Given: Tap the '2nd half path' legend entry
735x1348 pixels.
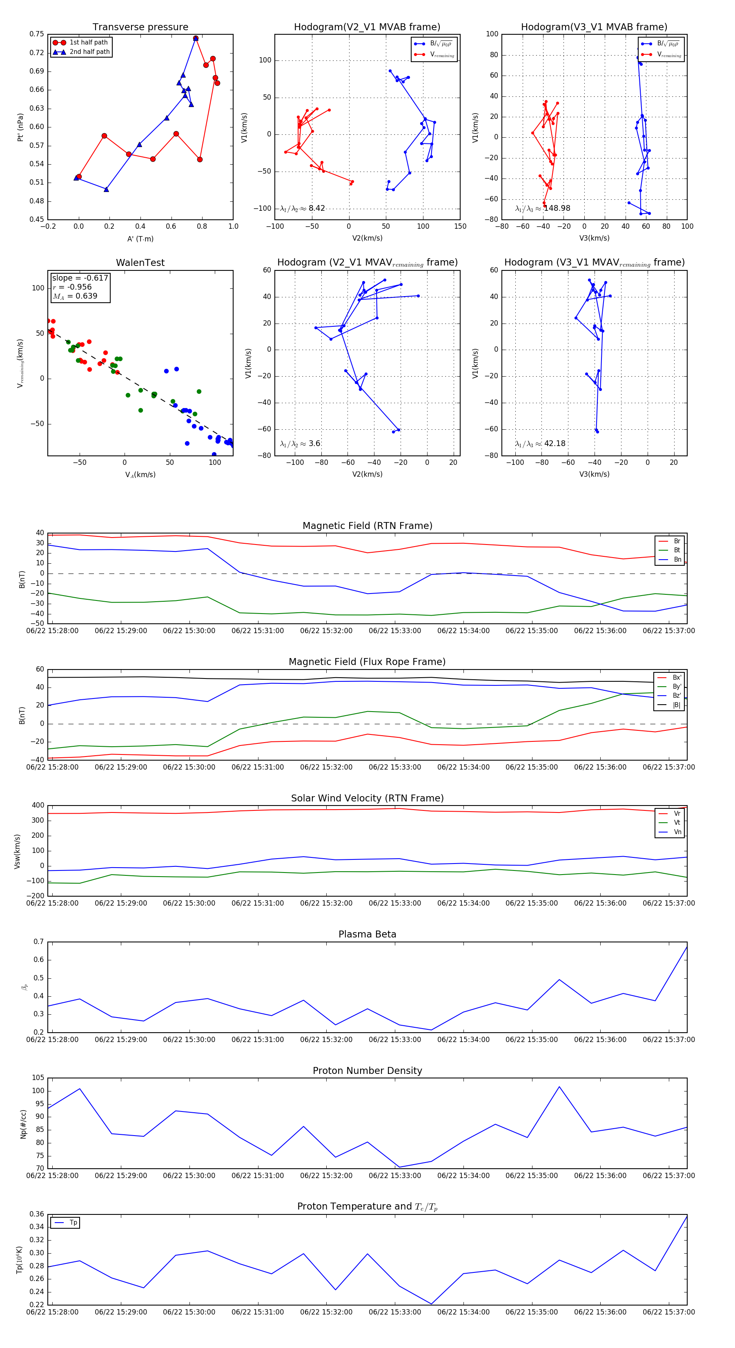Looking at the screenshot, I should coord(89,52).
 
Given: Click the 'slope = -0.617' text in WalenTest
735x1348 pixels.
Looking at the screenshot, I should coord(80,278).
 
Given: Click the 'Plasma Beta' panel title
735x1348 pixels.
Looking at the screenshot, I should coord(367,934).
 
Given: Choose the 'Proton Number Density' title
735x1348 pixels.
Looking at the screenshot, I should coord(367,1070).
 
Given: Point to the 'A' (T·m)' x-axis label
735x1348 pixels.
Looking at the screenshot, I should coord(140,239).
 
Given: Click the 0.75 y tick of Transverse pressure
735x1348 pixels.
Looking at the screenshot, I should coord(37,34).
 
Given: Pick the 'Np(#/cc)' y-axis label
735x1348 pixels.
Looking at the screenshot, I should coord(23,1123).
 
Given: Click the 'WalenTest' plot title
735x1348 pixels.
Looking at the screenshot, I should coord(140,263).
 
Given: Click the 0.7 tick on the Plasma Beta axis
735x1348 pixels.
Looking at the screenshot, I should coord(39,942).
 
